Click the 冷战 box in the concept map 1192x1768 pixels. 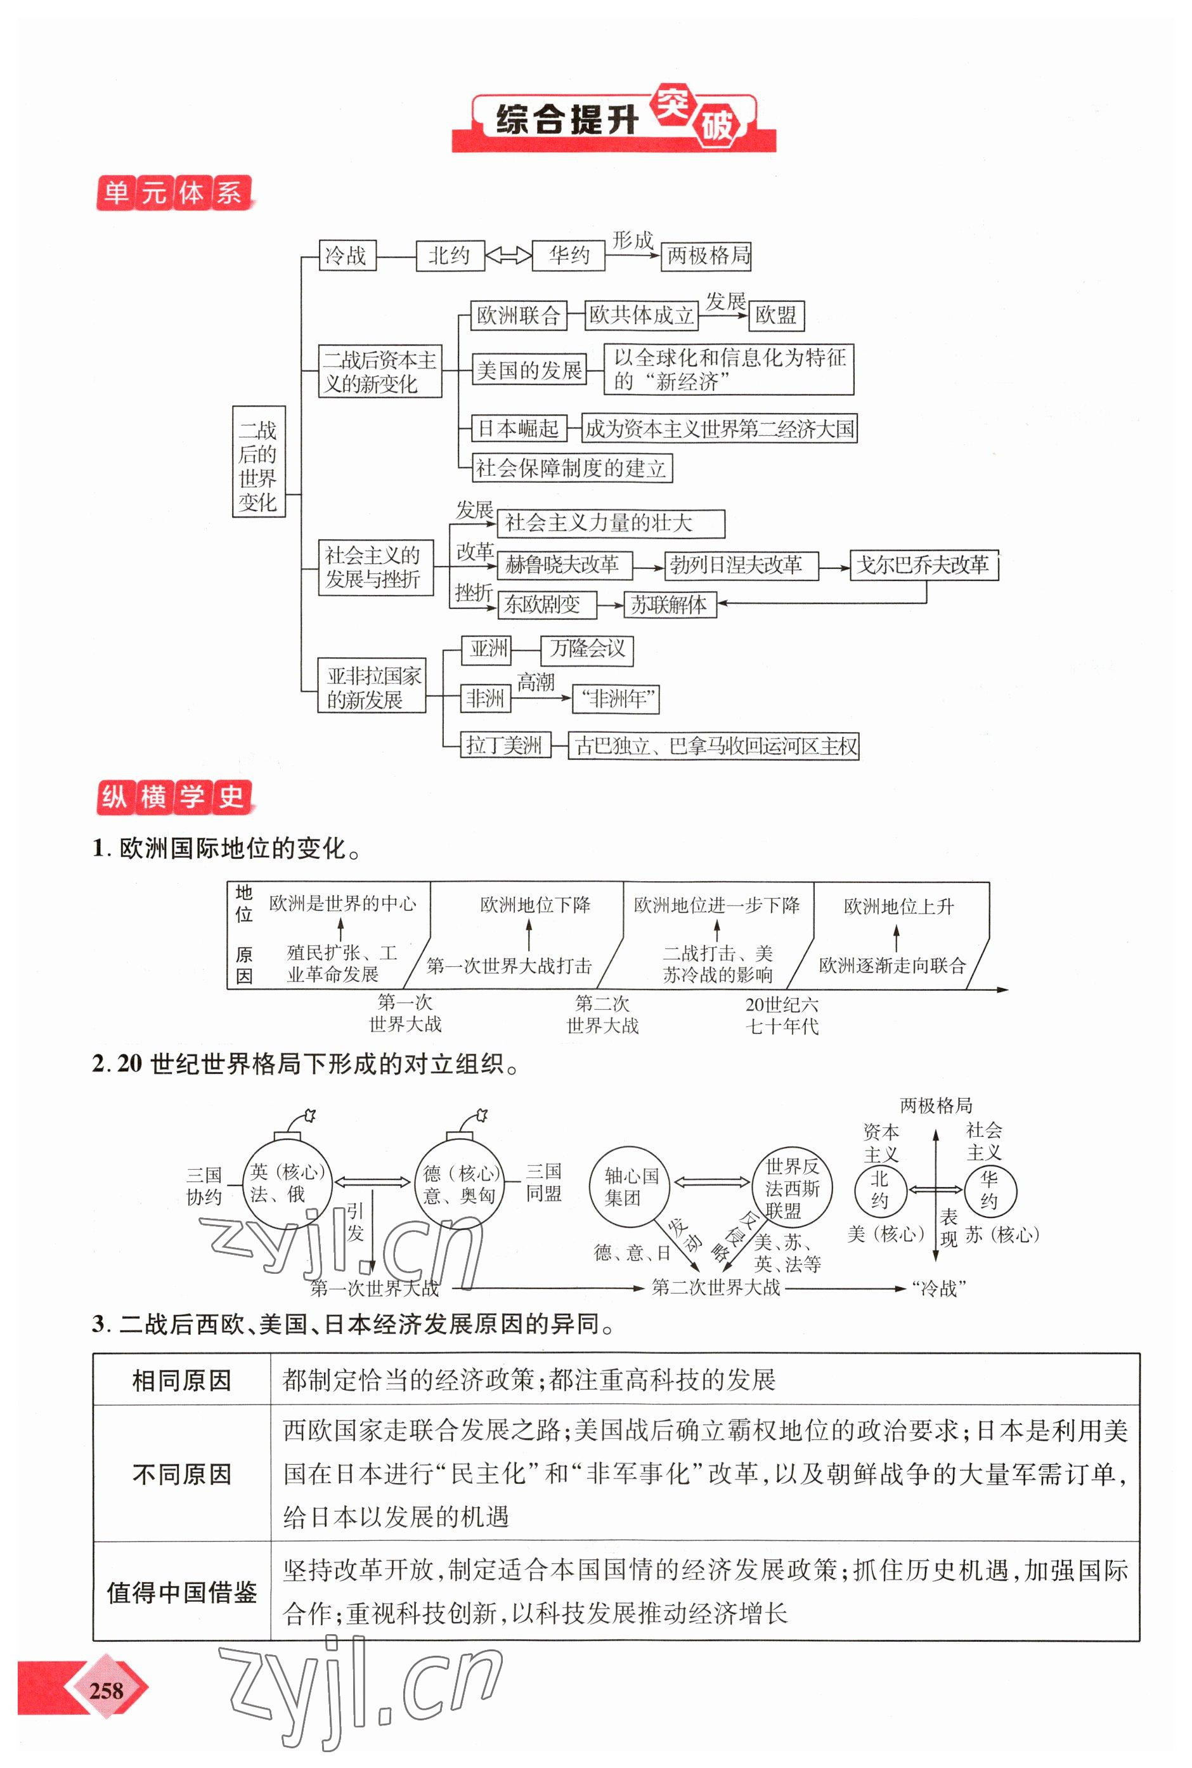tap(347, 256)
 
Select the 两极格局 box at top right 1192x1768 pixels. tap(707, 256)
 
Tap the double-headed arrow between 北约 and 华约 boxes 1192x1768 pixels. tap(509, 256)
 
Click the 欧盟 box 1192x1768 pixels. tap(775, 315)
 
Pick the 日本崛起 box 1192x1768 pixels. tap(518, 429)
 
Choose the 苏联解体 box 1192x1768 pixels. tap(669, 605)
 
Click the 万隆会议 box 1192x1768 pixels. tap(587, 648)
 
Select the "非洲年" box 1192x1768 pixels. tap(615, 698)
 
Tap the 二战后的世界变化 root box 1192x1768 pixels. tap(259, 462)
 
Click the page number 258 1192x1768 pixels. tap(106, 1690)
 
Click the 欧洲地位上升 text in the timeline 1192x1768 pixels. tap(898, 907)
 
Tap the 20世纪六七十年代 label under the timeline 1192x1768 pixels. tap(782, 1015)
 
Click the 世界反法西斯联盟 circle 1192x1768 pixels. tap(792, 1187)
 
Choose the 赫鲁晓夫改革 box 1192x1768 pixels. tap(562, 565)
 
